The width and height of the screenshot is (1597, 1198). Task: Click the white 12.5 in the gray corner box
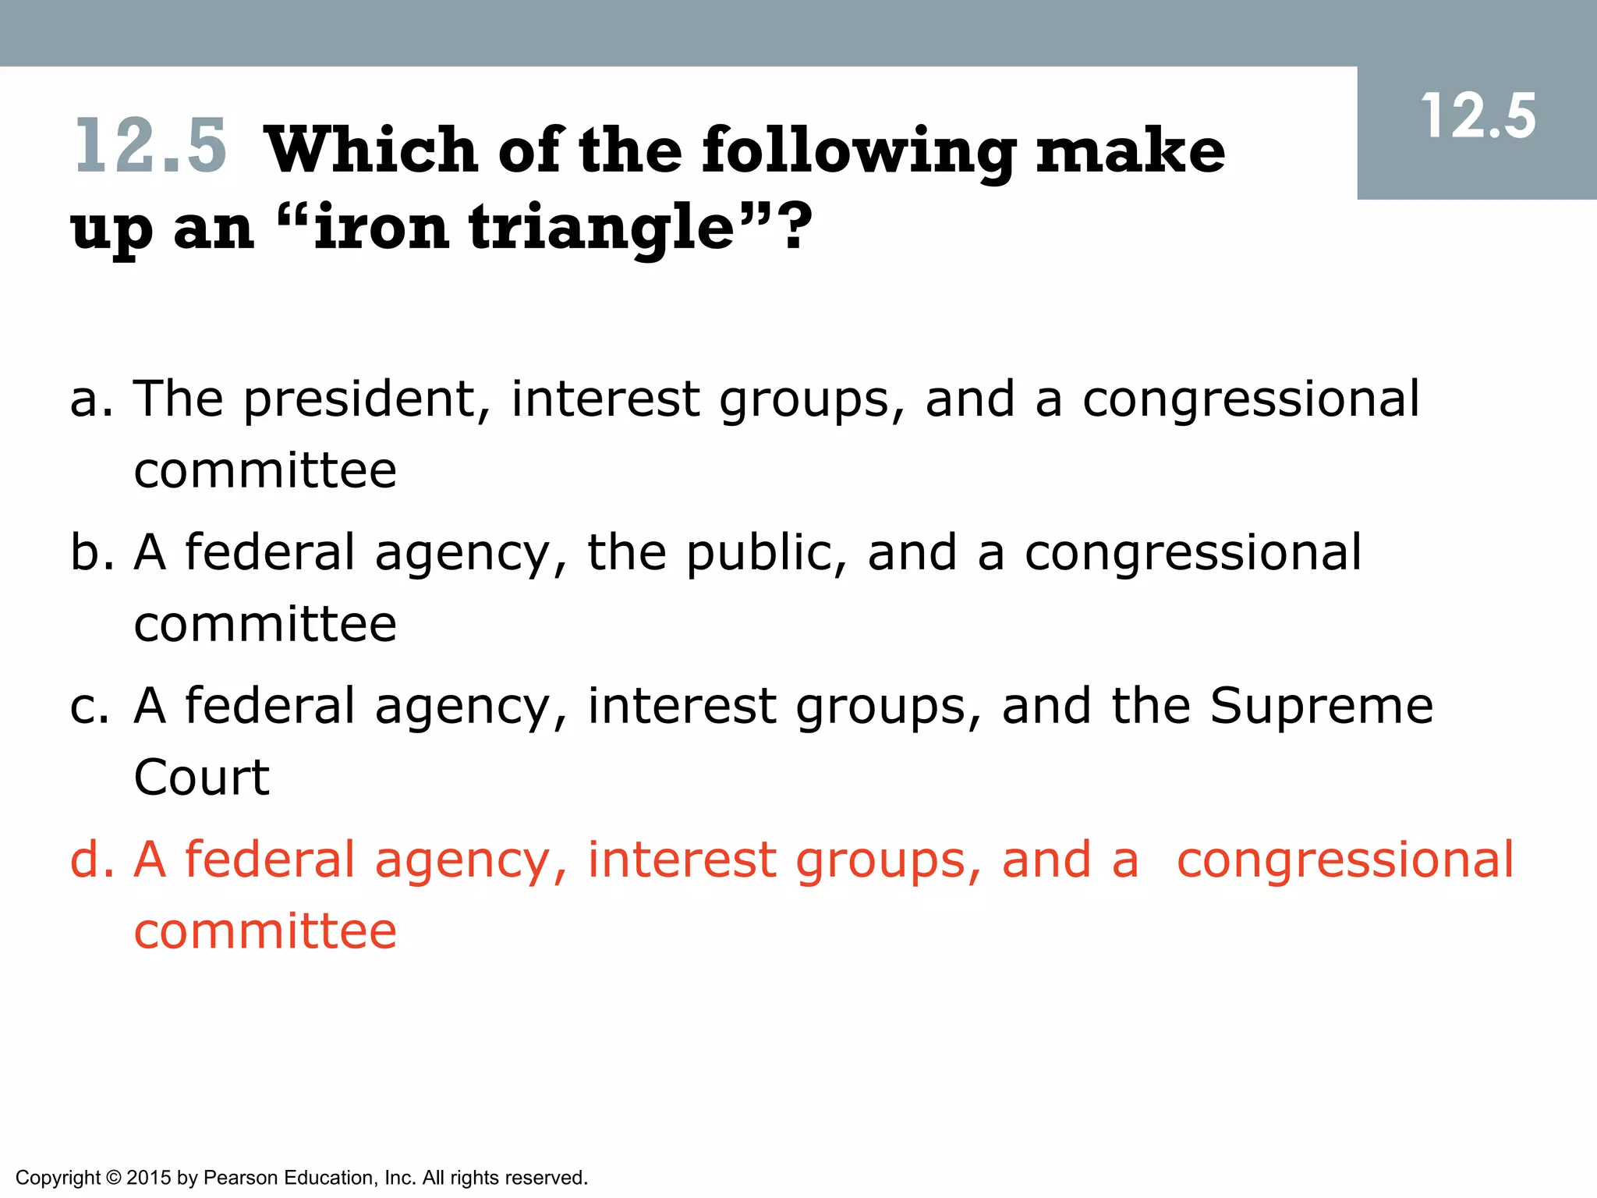[x=1478, y=117]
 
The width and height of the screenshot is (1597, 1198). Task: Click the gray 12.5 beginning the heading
[x=150, y=146]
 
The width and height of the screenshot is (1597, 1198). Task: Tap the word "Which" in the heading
[x=371, y=150]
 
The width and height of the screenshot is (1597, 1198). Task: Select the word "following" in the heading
[x=859, y=152]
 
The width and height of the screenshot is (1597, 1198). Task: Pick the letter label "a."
[x=91, y=399]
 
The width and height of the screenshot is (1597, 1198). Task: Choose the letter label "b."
[x=91, y=552]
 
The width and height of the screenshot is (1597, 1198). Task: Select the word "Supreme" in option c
[x=1321, y=707]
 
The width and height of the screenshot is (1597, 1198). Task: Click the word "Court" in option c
[x=201, y=778]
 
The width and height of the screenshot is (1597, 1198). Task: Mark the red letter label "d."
[x=91, y=860]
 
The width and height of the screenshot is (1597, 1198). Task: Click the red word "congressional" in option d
[x=1344, y=860]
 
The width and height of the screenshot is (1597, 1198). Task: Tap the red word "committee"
[x=265, y=931]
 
